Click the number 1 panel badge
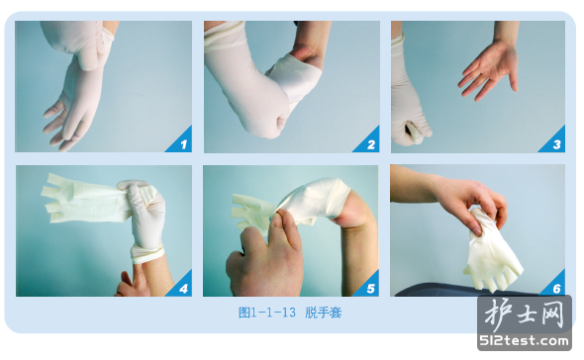pos(182,141)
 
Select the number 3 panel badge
pos(554,141)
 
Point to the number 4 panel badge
pos(182,286)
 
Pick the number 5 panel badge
pos(369,286)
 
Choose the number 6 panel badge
pos(555,286)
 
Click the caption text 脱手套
pos(324,313)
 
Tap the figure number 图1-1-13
pos(267,313)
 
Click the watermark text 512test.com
pos(525,340)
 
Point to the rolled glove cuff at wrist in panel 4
pos(147,254)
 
